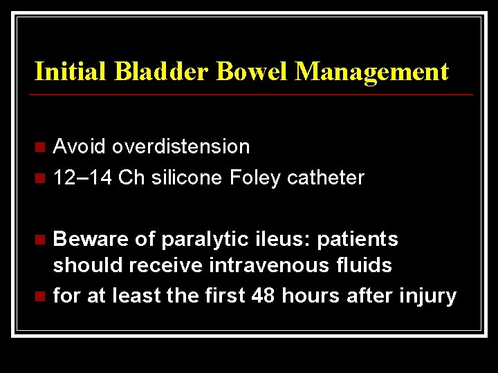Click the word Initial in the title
66,71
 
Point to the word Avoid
80,146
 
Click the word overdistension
181,146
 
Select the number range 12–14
83,178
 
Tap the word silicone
186,178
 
